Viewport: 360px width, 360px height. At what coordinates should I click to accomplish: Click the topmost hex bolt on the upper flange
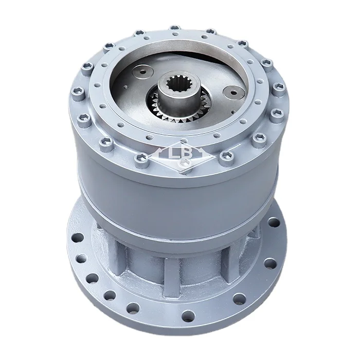(174, 28)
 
